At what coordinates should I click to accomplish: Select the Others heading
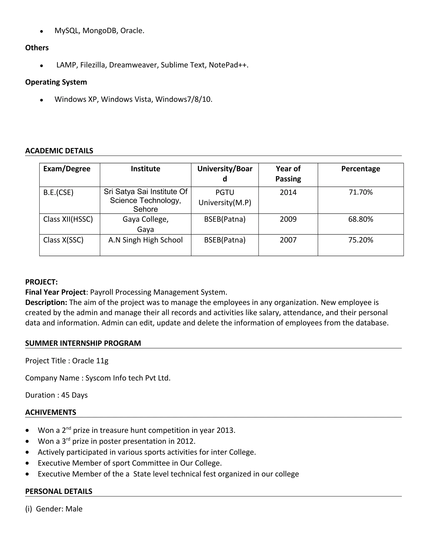37,48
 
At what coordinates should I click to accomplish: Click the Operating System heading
56,82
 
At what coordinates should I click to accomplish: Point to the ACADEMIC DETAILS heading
59,151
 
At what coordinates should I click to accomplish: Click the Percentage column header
360,169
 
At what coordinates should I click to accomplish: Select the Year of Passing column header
288,174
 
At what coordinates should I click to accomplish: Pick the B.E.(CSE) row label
58,193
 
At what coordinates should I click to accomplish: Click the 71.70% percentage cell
360,192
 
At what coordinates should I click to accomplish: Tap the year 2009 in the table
288,219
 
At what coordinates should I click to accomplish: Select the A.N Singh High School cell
146,240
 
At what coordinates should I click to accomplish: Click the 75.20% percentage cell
360,240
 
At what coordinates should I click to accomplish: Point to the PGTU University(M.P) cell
225,197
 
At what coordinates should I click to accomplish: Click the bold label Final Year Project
55,292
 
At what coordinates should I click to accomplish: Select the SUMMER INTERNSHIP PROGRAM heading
83,343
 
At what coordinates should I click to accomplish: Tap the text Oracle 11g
90,361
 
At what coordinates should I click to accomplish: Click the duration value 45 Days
74,395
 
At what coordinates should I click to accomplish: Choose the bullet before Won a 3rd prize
27,441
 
